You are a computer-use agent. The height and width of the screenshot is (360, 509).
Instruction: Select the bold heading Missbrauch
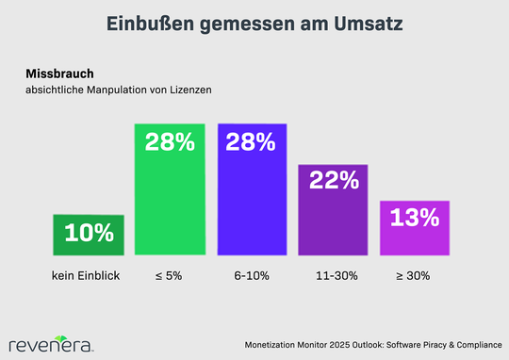point(54,72)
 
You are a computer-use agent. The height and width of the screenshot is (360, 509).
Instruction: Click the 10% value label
point(89,233)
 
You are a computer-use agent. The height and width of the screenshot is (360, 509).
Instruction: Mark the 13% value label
point(415,218)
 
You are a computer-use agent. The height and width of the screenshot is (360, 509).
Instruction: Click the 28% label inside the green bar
point(170,143)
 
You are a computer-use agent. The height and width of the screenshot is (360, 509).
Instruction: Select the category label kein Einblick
point(89,277)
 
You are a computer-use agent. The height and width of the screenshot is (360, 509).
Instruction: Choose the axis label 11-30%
point(333,277)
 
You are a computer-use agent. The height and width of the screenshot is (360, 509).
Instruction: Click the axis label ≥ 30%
point(415,277)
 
